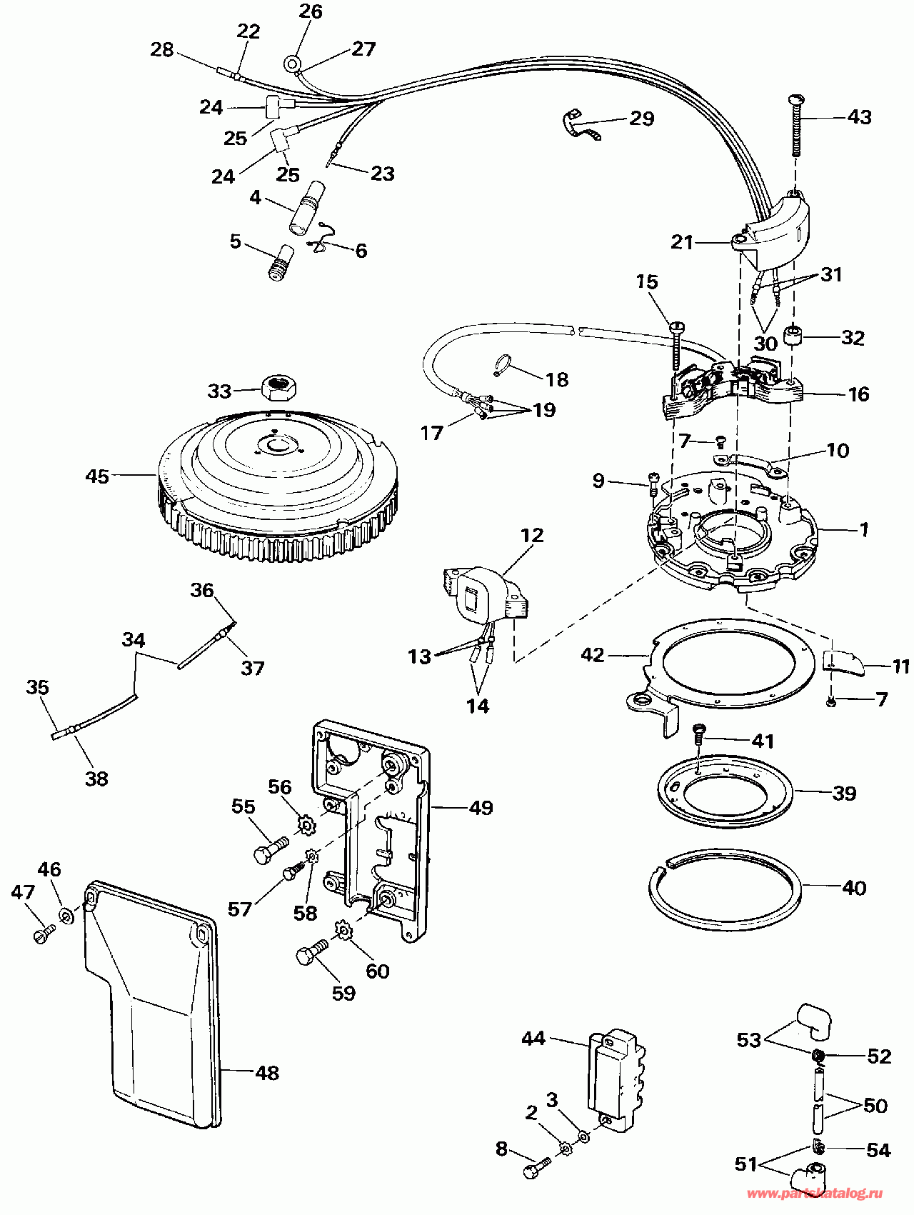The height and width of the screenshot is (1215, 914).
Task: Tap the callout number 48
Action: click(267, 1072)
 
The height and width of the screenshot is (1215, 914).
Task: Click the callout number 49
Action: click(481, 808)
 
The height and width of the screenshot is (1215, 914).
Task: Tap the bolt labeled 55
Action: click(271, 849)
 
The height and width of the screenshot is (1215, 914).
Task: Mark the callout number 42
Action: click(593, 654)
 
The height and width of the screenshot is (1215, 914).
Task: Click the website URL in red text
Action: click(814, 1194)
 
